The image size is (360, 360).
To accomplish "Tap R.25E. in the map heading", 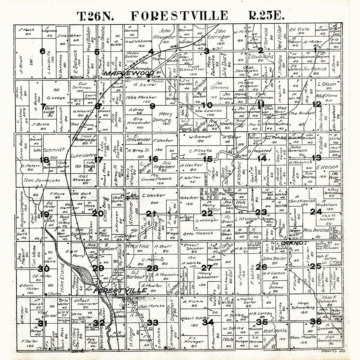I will [x=267, y=16].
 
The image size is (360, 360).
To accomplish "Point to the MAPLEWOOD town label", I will [x=128, y=73].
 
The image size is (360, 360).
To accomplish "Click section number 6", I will [x=42, y=51].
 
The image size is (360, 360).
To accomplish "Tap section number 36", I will [x=315, y=321].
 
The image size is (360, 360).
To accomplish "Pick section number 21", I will [x=151, y=214].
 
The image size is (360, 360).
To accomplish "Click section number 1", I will [x=315, y=50].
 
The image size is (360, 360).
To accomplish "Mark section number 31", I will [x=42, y=323].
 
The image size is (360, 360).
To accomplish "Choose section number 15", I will [x=208, y=159].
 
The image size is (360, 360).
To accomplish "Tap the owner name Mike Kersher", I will [x=142, y=97].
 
